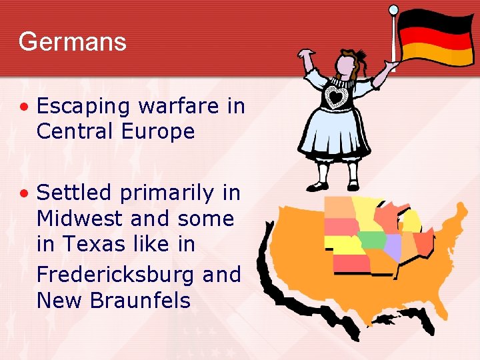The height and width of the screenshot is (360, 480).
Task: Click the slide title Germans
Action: (72, 42)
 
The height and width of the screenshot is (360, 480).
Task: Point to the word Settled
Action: (74, 193)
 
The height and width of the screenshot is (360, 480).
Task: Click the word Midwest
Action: (80, 219)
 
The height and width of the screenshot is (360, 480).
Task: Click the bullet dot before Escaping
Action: (24, 107)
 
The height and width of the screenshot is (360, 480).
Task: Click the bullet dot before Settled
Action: (24, 193)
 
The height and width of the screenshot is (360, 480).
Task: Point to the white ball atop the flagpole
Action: (393, 9)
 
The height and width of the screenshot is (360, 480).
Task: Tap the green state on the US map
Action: (372, 239)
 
